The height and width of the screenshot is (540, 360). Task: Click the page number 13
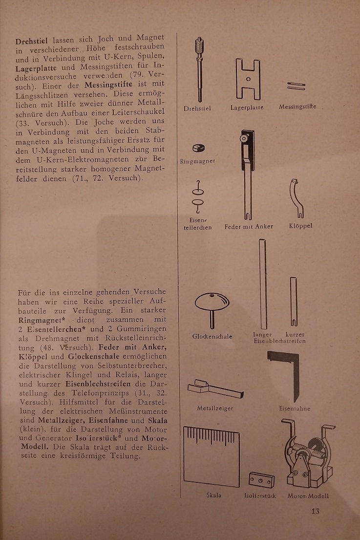click(x=315, y=512)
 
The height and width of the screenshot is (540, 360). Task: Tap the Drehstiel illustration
click(x=199, y=68)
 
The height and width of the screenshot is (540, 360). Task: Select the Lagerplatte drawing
click(x=248, y=79)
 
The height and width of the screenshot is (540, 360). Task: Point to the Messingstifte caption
click(x=297, y=107)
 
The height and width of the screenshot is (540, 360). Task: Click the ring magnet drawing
click(x=199, y=149)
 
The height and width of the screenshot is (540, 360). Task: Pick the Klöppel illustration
click(x=296, y=198)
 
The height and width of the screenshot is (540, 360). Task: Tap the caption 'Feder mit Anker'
click(x=249, y=226)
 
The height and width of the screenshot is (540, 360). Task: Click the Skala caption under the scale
click(x=213, y=496)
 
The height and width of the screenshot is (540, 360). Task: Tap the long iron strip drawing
click(x=262, y=283)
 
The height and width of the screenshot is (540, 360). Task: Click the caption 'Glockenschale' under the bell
click(x=212, y=337)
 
